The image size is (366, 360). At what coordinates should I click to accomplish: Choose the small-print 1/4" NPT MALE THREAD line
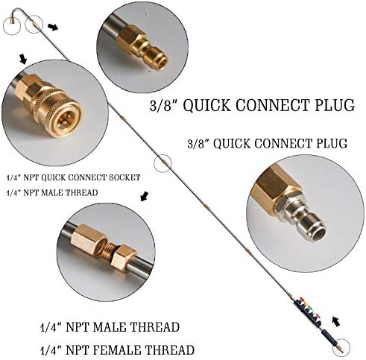51,194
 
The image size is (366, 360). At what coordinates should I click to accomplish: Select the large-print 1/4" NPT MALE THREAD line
109,327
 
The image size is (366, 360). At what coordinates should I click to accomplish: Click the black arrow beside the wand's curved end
51,27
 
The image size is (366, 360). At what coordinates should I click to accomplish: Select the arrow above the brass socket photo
23,57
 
